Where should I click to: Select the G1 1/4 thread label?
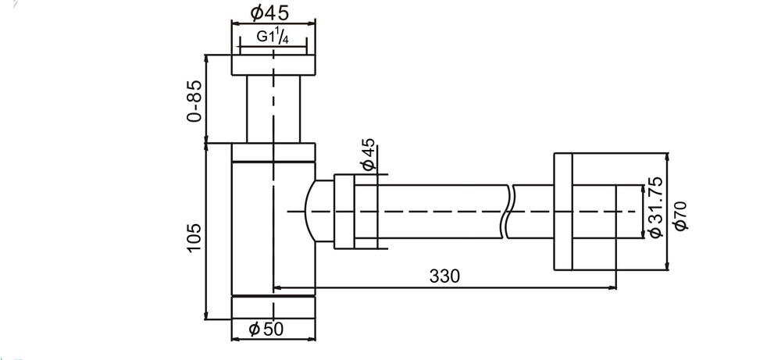(273, 37)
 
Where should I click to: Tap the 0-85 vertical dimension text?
(195, 100)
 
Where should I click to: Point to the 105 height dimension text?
(194, 237)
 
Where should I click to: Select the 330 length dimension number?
(444, 276)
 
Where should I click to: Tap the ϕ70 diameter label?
(679, 215)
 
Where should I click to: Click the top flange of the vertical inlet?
(273, 65)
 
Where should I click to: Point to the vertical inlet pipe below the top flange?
(273, 109)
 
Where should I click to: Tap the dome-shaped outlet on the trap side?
(320, 212)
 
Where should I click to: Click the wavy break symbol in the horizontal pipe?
(508, 211)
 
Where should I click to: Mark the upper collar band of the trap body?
(273, 151)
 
